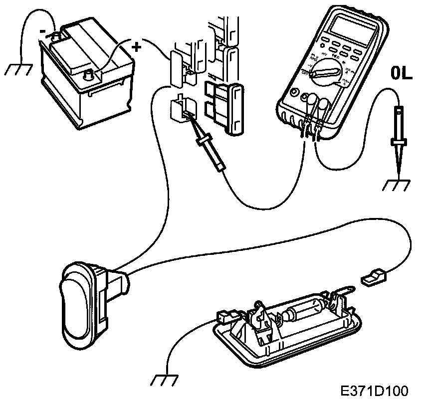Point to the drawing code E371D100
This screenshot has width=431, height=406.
coord(375,390)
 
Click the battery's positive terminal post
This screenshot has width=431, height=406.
coord(90,75)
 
